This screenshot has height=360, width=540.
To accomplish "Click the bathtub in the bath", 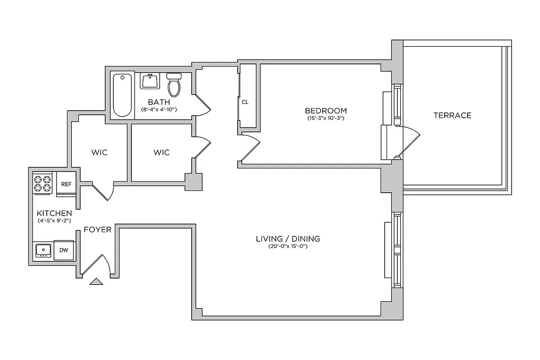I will [x=122, y=95].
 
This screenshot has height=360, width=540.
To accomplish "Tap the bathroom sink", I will [x=149, y=81].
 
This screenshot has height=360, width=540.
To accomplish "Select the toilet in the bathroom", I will [x=174, y=84].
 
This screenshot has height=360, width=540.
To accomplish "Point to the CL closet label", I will [x=245, y=102].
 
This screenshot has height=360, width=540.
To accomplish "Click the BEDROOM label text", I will [x=326, y=111].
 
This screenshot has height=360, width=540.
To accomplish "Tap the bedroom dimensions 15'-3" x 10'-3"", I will [x=326, y=119].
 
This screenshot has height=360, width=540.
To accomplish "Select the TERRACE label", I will [x=452, y=115].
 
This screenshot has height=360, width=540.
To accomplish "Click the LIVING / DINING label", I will [x=288, y=238].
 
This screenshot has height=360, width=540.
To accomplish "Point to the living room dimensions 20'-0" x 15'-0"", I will [x=288, y=247].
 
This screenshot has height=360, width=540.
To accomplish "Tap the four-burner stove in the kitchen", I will [x=43, y=184].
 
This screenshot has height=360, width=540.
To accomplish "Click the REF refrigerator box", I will [x=66, y=184].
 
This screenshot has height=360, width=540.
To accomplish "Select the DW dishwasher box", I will [x=64, y=250].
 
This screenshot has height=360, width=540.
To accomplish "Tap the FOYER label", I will [x=98, y=229].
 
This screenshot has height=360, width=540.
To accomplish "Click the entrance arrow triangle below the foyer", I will [x=96, y=282].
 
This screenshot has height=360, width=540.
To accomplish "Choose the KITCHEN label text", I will [x=54, y=213].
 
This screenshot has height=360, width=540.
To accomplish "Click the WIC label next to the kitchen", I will [x=99, y=153].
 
